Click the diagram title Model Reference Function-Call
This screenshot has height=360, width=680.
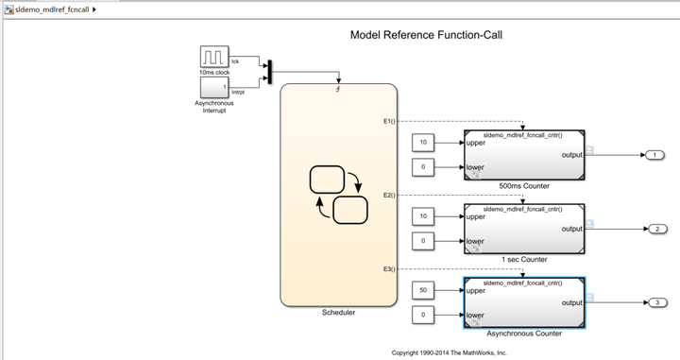pos(426,35)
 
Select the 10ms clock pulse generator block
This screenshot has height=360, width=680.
pos(213,58)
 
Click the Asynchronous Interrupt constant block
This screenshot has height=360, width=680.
pos(213,89)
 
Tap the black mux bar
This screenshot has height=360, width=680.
pos(269,72)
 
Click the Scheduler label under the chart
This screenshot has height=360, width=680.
pos(338,313)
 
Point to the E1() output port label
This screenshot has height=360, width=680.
pos(389,121)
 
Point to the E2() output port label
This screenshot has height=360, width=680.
pos(389,195)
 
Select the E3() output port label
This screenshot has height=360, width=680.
pos(389,269)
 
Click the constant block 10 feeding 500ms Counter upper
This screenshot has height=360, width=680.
pos(423,143)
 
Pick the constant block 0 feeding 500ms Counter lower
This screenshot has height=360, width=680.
pos(423,167)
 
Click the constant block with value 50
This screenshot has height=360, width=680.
pos(423,290)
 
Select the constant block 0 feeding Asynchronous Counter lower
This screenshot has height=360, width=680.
pos(423,315)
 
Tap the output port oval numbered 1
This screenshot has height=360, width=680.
pos(654,155)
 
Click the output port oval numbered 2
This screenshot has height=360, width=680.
pos(654,229)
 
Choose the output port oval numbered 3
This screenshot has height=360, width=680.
pos(654,302)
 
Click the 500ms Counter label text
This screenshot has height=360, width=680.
pos(523,186)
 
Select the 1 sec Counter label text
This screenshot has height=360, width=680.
pos(523,260)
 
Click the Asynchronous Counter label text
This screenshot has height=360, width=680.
pos(523,334)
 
